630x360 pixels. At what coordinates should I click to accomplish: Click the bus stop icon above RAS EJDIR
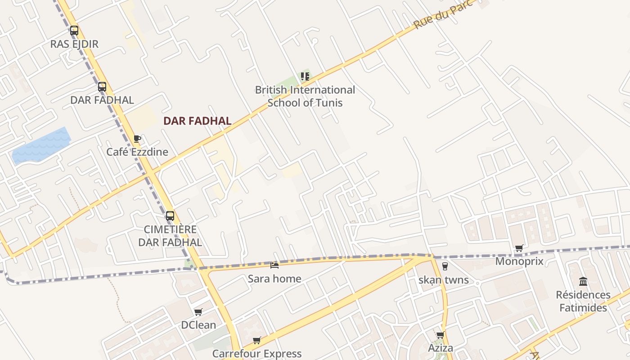(74, 31)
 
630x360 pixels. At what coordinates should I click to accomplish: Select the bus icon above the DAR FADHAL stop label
(102, 87)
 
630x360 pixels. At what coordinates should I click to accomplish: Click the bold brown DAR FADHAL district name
(198, 121)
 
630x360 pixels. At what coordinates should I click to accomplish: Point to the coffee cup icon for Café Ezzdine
(137, 139)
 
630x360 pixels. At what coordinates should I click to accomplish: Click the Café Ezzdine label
(137, 152)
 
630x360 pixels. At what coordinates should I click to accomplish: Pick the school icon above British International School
(305, 76)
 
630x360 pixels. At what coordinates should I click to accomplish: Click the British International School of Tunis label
(305, 96)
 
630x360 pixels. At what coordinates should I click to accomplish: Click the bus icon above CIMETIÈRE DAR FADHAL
(170, 216)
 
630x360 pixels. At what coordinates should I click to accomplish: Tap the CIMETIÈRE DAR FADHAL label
(170, 236)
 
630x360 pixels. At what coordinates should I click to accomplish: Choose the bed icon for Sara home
(274, 265)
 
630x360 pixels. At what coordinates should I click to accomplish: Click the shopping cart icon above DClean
(198, 312)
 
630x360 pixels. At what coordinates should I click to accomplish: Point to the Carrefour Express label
(257, 354)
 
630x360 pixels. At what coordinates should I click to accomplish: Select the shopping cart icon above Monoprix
(519, 248)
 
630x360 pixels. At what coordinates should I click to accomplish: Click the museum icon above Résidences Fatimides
(583, 282)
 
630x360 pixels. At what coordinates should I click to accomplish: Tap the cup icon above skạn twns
(445, 266)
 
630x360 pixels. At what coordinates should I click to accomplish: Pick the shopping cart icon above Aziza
(440, 335)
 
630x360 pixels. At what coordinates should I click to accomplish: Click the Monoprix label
(519, 261)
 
